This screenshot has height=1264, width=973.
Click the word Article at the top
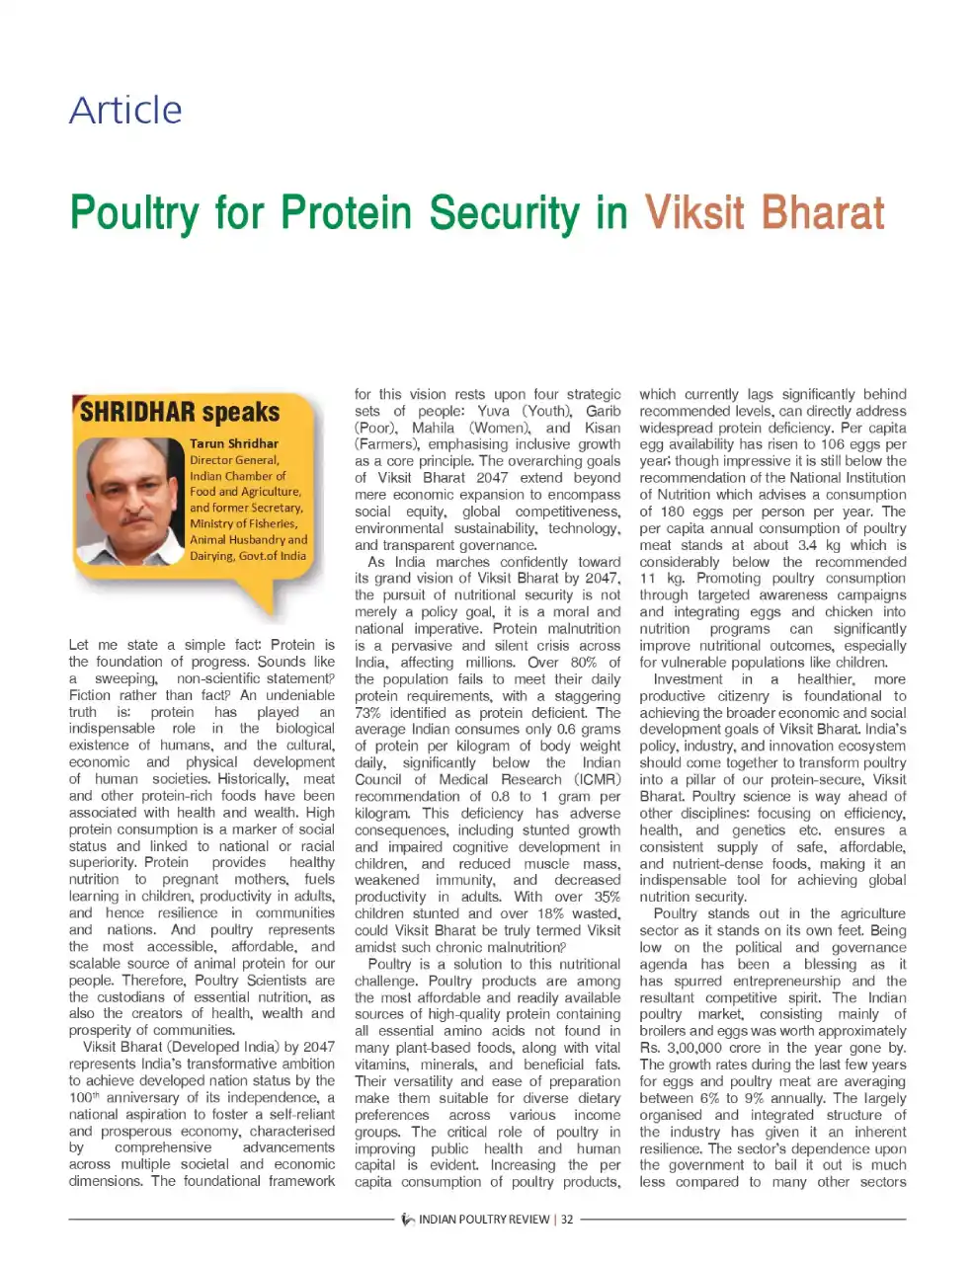tap(125, 110)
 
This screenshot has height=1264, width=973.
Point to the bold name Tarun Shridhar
tap(234, 443)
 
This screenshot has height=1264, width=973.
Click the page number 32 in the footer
tap(567, 1220)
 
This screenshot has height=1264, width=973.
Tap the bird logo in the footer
tap(408, 1220)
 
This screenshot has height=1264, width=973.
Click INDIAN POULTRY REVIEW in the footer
tap(484, 1220)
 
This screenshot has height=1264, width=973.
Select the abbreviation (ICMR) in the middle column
tap(597, 779)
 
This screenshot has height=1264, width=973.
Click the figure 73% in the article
tap(368, 712)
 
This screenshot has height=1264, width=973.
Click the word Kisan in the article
tap(603, 428)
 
